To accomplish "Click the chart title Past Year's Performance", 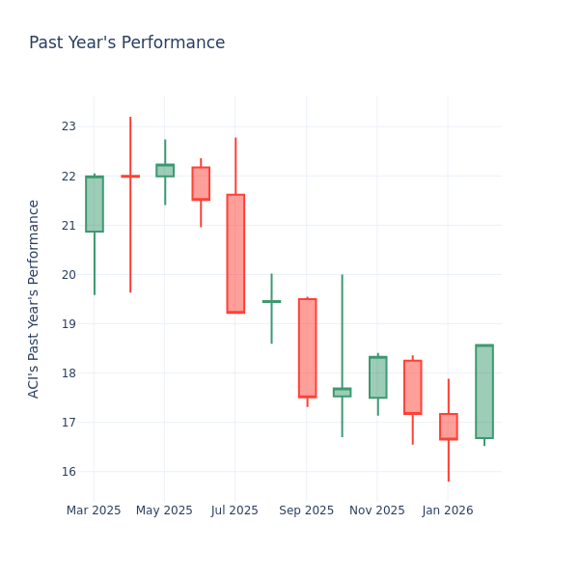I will point(126,43).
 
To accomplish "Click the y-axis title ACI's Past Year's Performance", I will point(34,298).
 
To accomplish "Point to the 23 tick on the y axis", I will point(69,126).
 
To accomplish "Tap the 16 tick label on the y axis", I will point(69,472).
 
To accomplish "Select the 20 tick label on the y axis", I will point(69,275).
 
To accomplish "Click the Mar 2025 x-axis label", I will point(94,510).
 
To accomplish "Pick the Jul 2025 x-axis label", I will point(235,510).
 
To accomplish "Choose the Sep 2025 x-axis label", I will point(307,510).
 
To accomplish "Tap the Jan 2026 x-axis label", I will point(448,510).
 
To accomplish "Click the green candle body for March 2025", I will point(94,204).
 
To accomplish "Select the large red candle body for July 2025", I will point(235,254).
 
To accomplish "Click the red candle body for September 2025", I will point(307,347).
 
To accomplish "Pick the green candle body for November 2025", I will point(377,377).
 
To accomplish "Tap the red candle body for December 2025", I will point(413,387).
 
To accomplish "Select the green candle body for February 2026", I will point(484,392).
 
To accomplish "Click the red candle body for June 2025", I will point(201,183).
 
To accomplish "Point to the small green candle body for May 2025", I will point(165,170).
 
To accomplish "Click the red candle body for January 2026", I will point(449,427).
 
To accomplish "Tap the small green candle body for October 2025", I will point(342,393).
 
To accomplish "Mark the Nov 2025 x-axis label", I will point(377,510).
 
